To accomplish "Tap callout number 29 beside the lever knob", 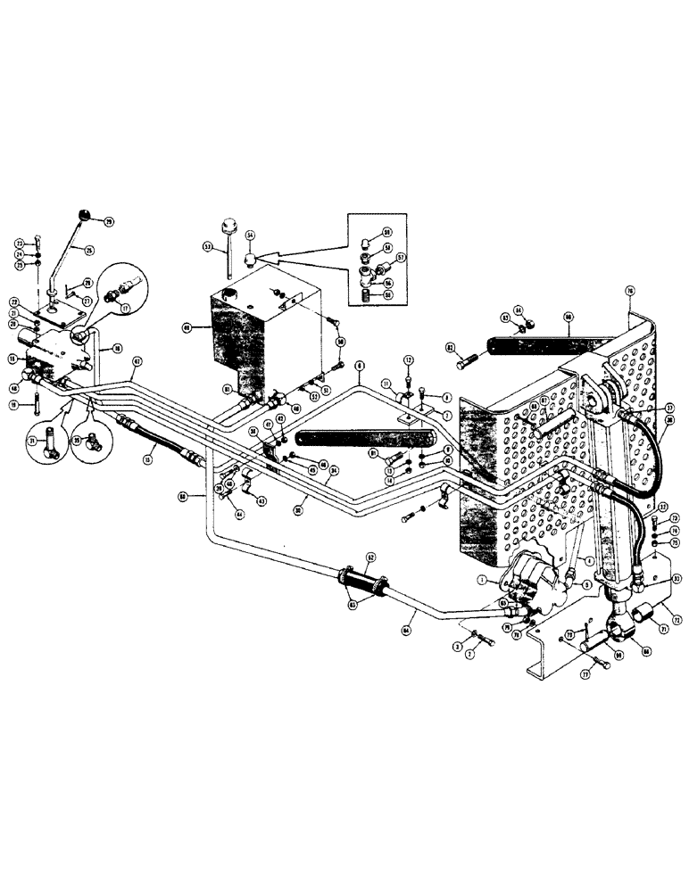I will [x=109, y=222].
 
